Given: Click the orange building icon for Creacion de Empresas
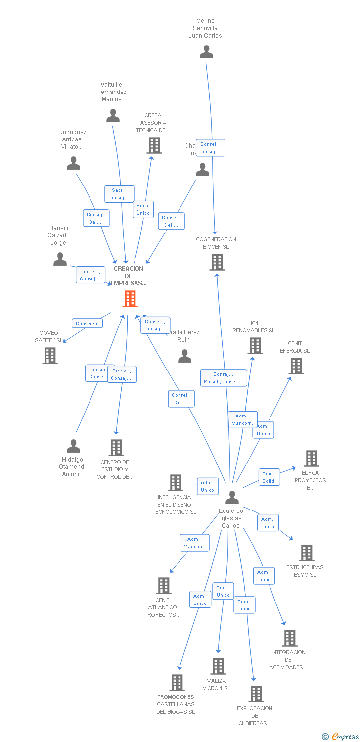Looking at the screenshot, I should [x=130, y=299].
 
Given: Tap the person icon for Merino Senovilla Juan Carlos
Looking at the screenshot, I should [x=206, y=52].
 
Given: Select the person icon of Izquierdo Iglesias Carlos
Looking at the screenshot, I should [x=232, y=497].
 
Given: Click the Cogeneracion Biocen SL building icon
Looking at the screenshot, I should [x=217, y=262].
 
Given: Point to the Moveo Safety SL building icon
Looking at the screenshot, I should [x=50, y=355].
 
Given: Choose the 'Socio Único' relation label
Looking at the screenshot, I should [x=143, y=209].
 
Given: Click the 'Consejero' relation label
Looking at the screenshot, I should [x=88, y=324].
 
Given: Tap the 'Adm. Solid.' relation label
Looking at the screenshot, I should [x=269, y=477].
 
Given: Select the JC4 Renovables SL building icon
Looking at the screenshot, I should [x=255, y=346].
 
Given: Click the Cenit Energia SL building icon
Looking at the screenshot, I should [x=296, y=366].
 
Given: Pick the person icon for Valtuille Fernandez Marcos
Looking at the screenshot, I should [x=113, y=116].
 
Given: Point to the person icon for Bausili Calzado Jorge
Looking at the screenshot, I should [x=60, y=259].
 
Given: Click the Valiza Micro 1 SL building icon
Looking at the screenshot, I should [x=218, y=666].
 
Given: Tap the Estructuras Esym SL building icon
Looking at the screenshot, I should [x=307, y=553].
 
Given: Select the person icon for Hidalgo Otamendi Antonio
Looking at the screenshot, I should [x=73, y=446].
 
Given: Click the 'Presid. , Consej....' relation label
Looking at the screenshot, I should [x=122, y=374].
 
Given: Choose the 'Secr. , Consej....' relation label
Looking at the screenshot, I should [x=119, y=194].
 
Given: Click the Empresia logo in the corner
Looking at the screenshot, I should [x=340, y=737].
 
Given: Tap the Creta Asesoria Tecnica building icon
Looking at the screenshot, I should [x=154, y=145].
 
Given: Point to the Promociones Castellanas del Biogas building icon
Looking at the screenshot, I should [x=177, y=683].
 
